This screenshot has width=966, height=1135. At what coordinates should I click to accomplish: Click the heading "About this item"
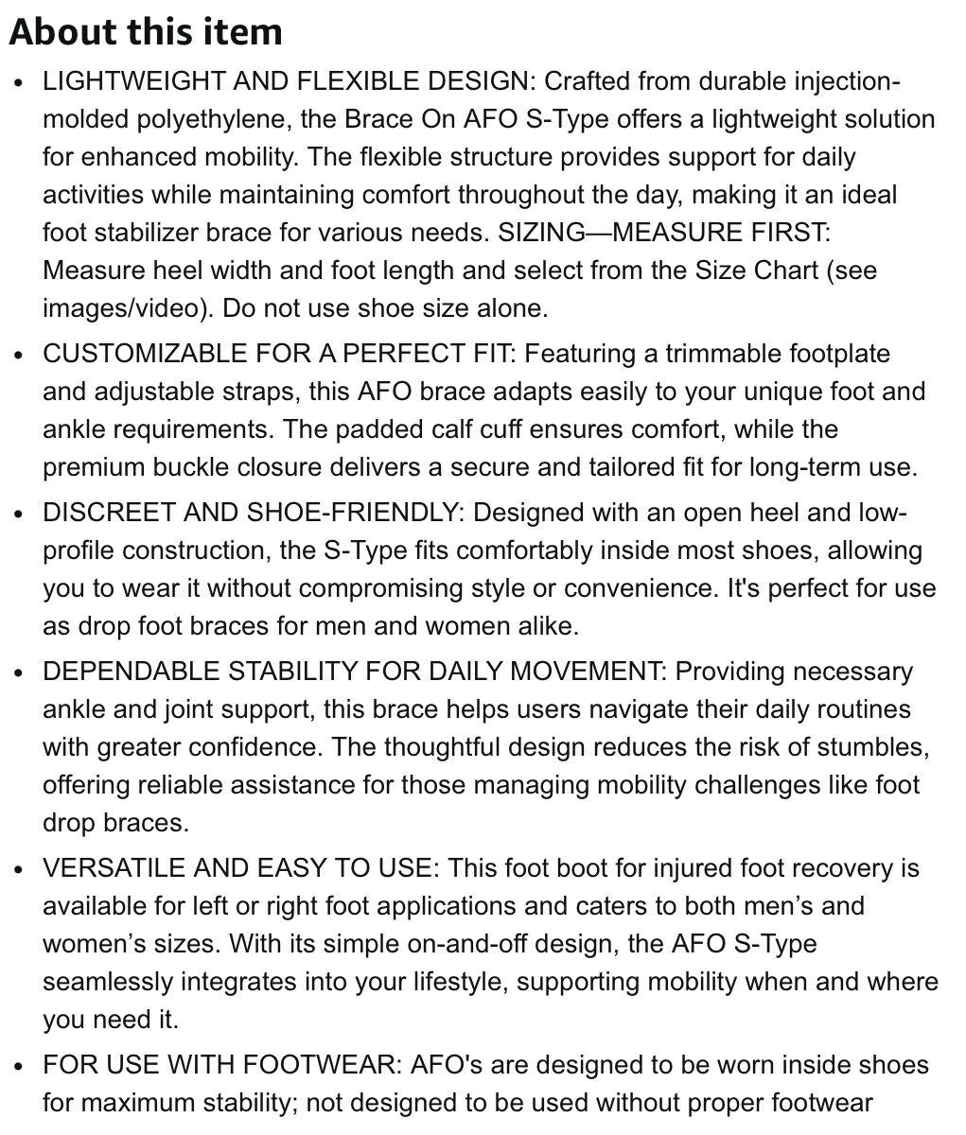(146, 32)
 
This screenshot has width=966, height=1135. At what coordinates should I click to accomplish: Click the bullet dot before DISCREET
(20, 514)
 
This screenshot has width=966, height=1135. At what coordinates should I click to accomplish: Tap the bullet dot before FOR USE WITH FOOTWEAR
(20, 1066)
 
